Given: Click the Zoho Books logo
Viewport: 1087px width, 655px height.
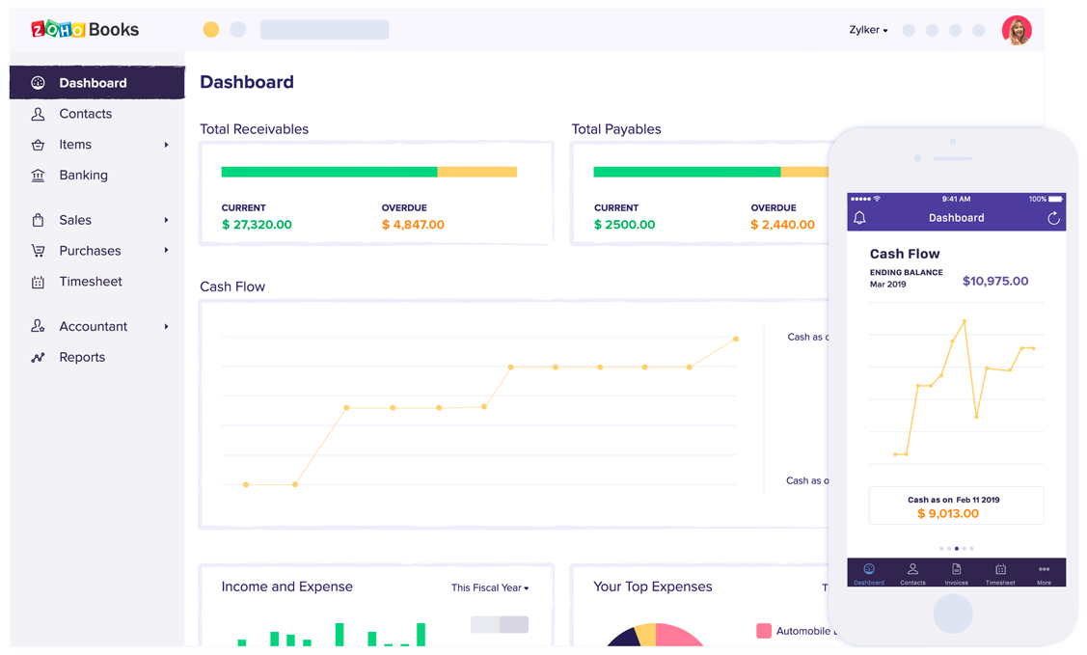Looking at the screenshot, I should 85,29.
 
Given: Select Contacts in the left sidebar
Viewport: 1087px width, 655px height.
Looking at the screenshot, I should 85,114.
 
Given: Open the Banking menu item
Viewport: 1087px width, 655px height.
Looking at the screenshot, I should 83,176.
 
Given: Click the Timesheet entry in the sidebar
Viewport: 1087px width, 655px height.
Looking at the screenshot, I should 91,282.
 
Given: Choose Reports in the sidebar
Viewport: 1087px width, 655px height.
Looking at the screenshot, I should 82,357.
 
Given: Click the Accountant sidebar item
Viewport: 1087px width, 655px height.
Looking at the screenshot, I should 93,326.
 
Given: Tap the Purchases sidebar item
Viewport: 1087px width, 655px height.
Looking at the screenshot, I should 90,251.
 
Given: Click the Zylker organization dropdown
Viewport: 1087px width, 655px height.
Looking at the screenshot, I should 868,30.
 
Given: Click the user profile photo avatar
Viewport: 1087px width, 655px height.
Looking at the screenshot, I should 1017,30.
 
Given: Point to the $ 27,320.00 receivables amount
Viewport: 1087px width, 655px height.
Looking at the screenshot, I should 257,225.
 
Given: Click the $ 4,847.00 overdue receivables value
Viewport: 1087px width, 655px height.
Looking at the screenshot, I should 413,225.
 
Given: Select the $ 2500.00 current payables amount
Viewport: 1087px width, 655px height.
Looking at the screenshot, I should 624,225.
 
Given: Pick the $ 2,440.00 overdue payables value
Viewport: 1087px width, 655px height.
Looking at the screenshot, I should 782,225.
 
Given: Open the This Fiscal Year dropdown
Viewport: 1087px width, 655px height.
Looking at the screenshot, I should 490,587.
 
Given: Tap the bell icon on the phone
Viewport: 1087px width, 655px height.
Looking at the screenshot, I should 859,218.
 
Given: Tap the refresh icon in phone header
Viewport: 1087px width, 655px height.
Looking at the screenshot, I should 1053,218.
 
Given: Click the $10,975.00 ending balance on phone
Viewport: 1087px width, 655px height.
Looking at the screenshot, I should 995,282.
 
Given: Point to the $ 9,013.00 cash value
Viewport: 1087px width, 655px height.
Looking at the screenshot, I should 948,514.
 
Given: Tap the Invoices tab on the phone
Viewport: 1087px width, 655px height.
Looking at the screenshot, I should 956,573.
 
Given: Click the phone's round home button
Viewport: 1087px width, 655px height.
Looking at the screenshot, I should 953,614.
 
